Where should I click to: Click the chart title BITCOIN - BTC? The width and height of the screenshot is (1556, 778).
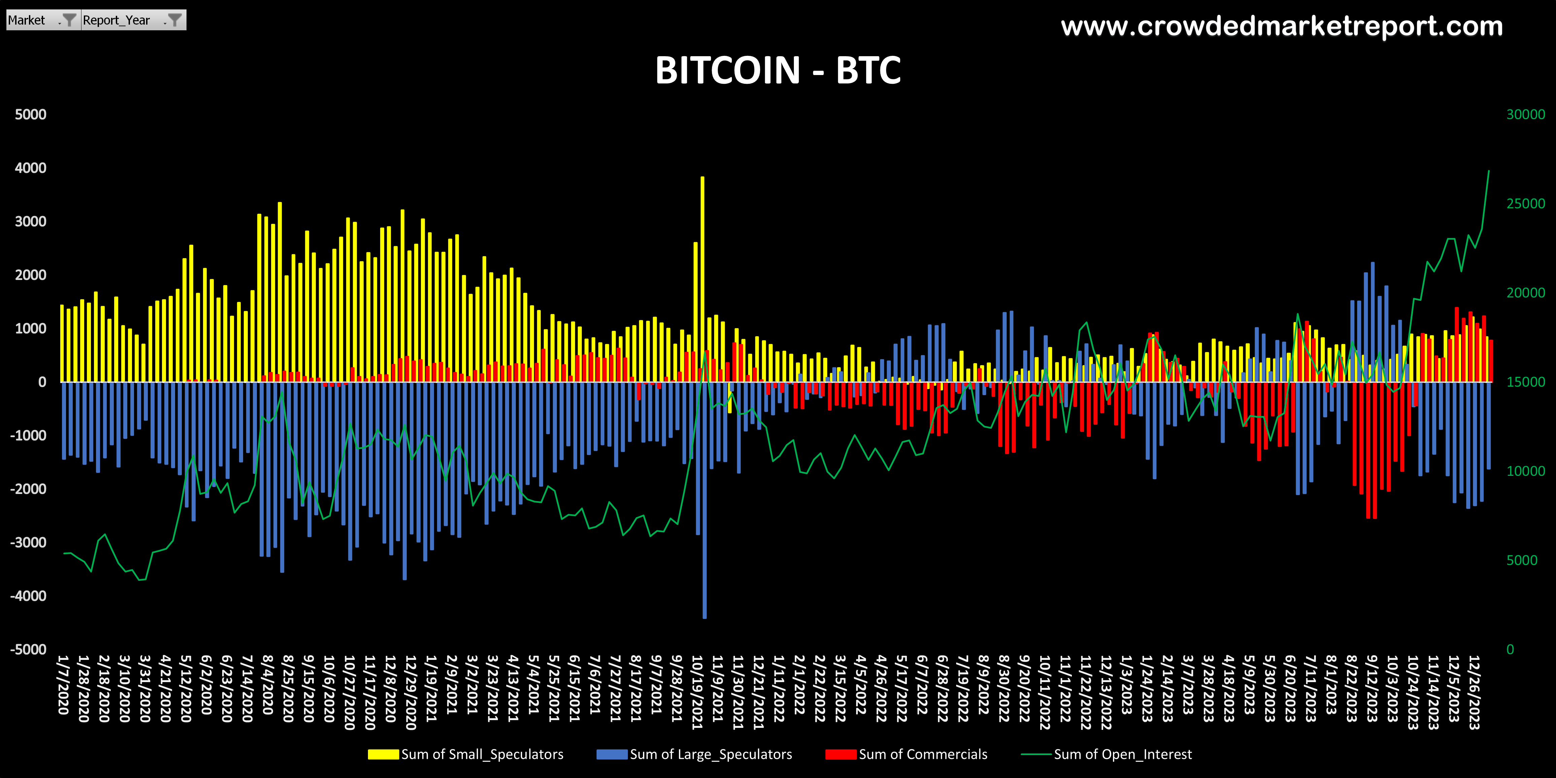click(778, 71)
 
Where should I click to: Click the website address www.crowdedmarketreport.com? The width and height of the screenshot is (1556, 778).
click(1281, 27)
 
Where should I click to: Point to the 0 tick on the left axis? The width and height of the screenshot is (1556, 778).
click(42, 382)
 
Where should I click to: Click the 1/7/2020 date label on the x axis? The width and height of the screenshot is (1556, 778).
click(63, 685)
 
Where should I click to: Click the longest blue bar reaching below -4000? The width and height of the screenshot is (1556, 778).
click(704, 501)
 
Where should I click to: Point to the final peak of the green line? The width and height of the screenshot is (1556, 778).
click(1488, 171)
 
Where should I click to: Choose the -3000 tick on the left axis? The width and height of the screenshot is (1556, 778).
click(28, 542)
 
